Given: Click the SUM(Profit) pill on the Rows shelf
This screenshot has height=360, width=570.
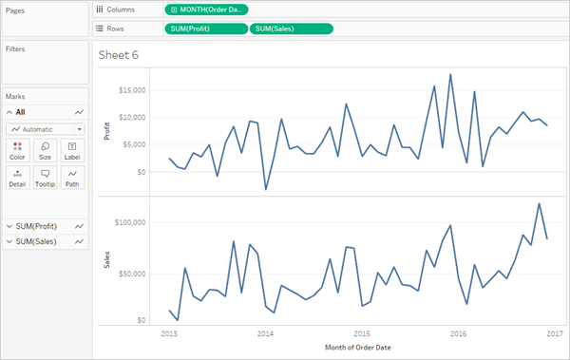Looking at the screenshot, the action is pyautogui.click(x=206, y=28).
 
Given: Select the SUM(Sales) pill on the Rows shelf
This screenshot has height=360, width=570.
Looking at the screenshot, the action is pyautogui.click(x=292, y=28).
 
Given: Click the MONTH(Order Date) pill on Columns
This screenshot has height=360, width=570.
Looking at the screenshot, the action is pyautogui.click(x=206, y=9).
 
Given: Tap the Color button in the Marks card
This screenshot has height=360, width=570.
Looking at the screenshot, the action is pyautogui.click(x=17, y=150).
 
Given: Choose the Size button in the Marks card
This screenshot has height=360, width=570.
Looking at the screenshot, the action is pyautogui.click(x=45, y=150).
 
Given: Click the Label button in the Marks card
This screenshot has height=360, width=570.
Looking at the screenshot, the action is pyautogui.click(x=72, y=150).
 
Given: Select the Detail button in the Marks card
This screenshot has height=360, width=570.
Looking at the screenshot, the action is pyautogui.click(x=17, y=178).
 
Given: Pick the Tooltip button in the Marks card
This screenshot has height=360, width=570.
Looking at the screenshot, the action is pyautogui.click(x=45, y=178).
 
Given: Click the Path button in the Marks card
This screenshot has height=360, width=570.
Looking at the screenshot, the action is pyautogui.click(x=72, y=178).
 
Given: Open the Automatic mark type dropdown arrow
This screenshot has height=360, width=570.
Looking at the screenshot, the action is pyautogui.click(x=79, y=129).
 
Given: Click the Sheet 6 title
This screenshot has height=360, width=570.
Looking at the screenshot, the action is pyautogui.click(x=119, y=55).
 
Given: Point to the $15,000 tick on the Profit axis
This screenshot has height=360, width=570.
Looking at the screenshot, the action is pyautogui.click(x=132, y=90).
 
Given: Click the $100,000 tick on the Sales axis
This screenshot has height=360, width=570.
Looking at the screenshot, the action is pyautogui.click(x=130, y=222).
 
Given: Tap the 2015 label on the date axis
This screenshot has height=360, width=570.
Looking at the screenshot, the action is pyautogui.click(x=362, y=333).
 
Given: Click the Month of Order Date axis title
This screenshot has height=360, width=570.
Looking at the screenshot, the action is pyautogui.click(x=358, y=348).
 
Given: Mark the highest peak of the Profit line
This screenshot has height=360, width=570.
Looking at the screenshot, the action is pyautogui.click(x=450, y=74).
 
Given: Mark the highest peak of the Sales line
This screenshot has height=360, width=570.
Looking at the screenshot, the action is pyautogui.click(x=539, y=203).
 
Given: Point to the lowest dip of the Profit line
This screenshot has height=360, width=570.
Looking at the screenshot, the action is pyautogui.click(x=266, y=189).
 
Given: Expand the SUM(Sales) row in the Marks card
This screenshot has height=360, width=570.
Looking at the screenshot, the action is pyautogui.click(x=9, y=241).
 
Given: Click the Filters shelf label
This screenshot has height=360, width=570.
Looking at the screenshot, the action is pyautogui.click(x=15, y=49).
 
